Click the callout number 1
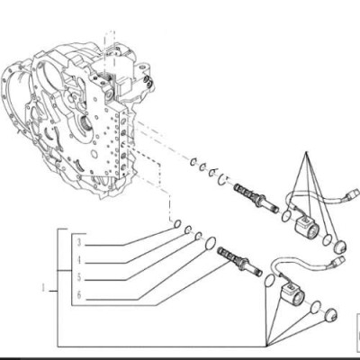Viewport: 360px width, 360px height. pyautogui.click(x=44, y=288)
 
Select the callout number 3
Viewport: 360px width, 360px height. pyautogui.click(x=79, y=242)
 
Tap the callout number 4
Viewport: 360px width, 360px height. pyautogui.click(x=79, y=260)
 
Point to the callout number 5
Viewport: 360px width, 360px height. pyautogui.click(x=79, y=277)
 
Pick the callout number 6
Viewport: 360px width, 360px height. pyautogui.click(x=79, y=295)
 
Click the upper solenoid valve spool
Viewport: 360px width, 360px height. pyautogui.click(x=256, y=199)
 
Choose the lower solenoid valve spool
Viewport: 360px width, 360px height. pyautogui.click(x=239, y=262)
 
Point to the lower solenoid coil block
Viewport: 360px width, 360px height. pyautogui.click(x=292, y=294)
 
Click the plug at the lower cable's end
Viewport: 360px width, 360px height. pyautogui.click(x=338, y=261)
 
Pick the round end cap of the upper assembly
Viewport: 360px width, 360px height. pyautogui.click(x=340, y=247)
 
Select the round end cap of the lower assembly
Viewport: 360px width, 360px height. pyautogui.click(x=331, y=314)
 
